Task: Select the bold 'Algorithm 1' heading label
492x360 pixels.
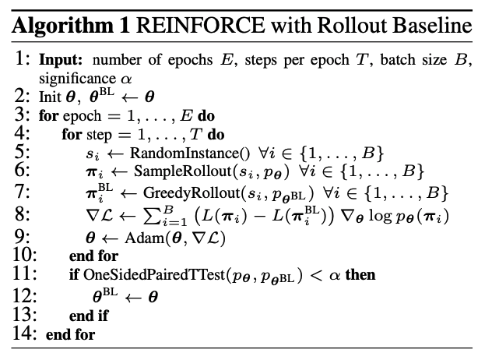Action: pyautogui.click(x=72, y=26)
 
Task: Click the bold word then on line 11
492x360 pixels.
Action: pyautogui.click(x=360, y=275)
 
